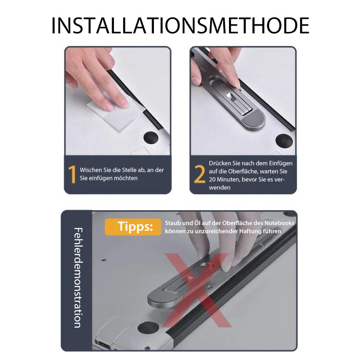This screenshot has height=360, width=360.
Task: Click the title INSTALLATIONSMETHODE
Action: tap(180, 26)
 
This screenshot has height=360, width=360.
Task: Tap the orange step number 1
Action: tap(72, 174)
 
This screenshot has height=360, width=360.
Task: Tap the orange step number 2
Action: tap(199, 174)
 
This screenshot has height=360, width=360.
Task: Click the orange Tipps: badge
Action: tap(133, 227)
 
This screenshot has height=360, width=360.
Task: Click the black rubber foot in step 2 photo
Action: tap(284, 140)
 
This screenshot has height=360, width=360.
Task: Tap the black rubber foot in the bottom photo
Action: tap(148, 328)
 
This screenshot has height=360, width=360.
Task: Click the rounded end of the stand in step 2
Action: tap(255, 121)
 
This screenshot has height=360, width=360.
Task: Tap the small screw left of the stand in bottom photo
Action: tap(104, 260)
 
